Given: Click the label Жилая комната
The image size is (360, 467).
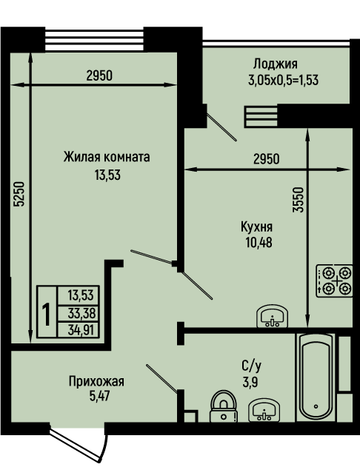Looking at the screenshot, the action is (x=107, y=157).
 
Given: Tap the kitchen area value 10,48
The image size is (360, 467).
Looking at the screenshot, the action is (x=259, y=243).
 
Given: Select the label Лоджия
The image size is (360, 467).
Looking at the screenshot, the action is (x=276, y=64).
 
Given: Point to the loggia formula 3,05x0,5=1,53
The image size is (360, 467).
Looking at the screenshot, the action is (x=283, y=80).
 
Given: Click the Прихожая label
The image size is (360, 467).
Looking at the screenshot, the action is (x=96, y=381).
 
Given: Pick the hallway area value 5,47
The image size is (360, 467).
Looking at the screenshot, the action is (x=99, y=396).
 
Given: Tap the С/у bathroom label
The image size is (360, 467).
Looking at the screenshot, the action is (x=252, y=366).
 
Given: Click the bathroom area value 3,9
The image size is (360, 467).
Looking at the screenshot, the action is (x=250, y=382).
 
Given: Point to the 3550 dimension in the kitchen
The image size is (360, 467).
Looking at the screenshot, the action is (x=298, y=200).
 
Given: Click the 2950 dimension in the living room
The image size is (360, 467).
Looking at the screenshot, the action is (x=99, y=76).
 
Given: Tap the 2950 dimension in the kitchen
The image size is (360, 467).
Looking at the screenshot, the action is (x=267, y=159).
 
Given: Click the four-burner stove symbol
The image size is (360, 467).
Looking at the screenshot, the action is (x=334, y=280).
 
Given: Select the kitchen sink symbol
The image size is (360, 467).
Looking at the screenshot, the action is (x=272, y=316).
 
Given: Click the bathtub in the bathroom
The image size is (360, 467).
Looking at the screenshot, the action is (x=316, y=377).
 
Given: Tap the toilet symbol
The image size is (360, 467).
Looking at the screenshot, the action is (x=224, y=406).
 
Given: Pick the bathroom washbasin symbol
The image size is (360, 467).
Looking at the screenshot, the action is (x=264, y=410).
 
